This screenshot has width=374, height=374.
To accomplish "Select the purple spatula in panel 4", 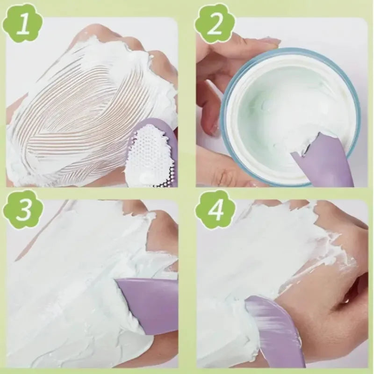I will [x=276, y=327].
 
